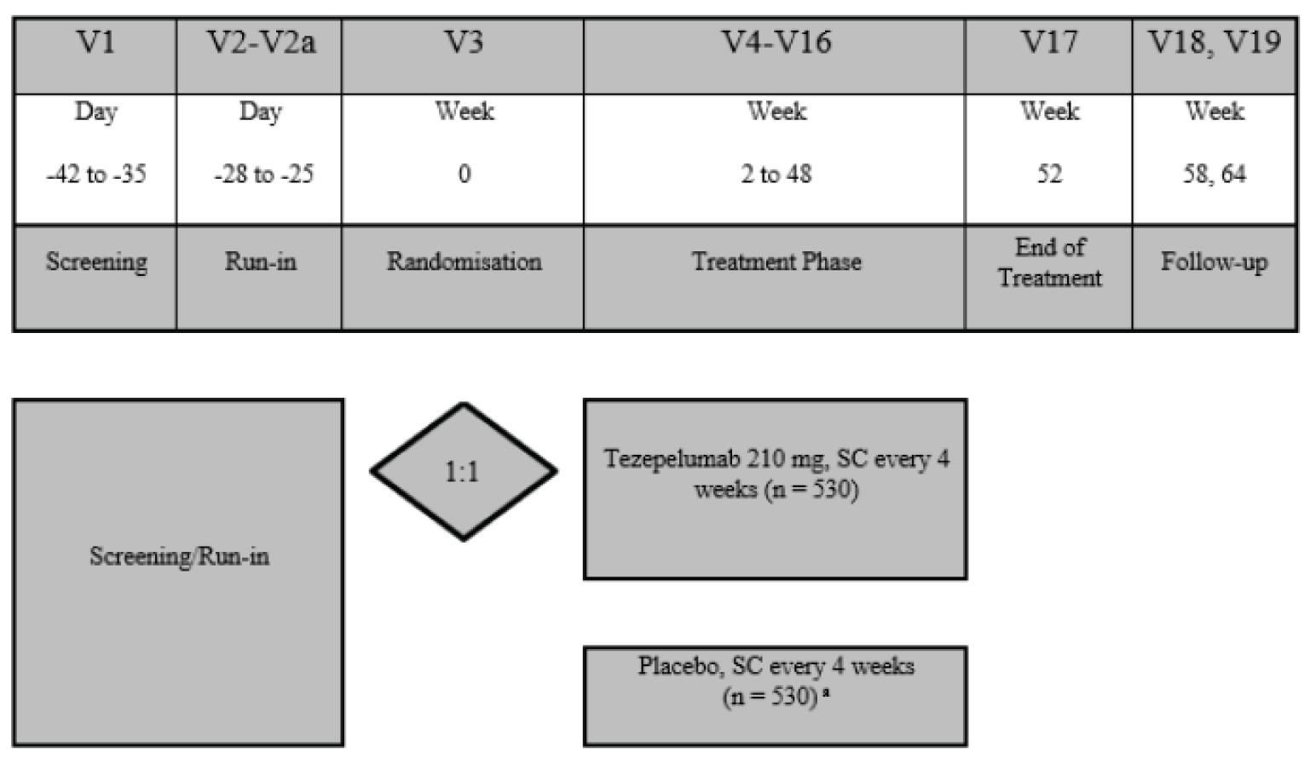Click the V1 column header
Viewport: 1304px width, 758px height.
pyautogui.click(x=95, y=43)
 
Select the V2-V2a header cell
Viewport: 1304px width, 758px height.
pyautogui.click(x=261, y=43)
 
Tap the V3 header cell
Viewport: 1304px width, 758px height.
pyautogui.click(x=464, y=43)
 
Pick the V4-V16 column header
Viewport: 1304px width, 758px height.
pyautogui.click(x=776, y=43)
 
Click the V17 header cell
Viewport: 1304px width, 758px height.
pyautogui.click(x=1049, y=43)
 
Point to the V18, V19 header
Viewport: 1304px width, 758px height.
pyautogui.click(x=1214, y=43)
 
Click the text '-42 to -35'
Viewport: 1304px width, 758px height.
pyautogui.click(x=96, y=175)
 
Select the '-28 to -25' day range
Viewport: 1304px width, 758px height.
pyautogui.click(x=263, y=175)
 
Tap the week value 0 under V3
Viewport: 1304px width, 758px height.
pyautogui.click(x=464, y=175)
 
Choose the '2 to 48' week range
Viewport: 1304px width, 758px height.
pyautogui.click(x=776, y=175)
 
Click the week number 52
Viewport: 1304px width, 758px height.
pyautogui.click(x=1049, y=175)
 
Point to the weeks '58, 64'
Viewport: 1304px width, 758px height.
pyautogui.click(x=1214, y=175)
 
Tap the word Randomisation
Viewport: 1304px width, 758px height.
pyautogui.click(x=464, y=261)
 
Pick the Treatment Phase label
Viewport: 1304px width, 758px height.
pyautogui.click(x=776, y=261)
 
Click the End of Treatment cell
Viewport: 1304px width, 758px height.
pyautogui.click(x=1049, y=262)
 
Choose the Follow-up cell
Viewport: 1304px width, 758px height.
pyautogui.click(x=1214, y=261)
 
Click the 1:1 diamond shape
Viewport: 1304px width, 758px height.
pyautogui.click(x=463, y=471)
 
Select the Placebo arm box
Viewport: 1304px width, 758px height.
pyautogui.click(x=776, y=696)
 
